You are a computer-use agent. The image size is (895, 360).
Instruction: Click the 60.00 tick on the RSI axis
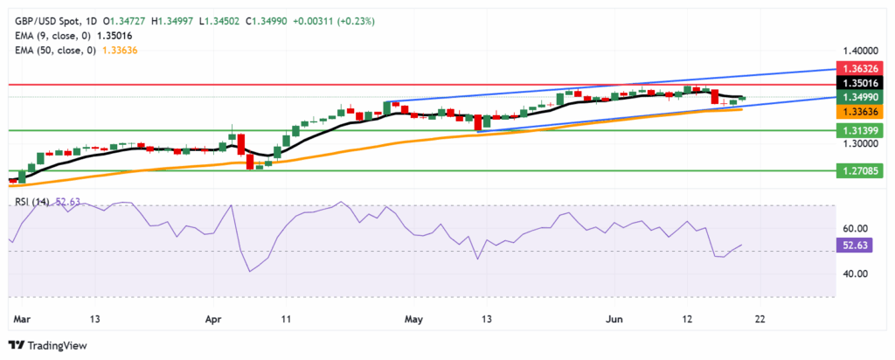(x=857, y=229)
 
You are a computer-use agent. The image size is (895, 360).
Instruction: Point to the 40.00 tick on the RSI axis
(x=857, y=273)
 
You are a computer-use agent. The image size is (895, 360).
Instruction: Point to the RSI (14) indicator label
(x=32, y=202)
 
